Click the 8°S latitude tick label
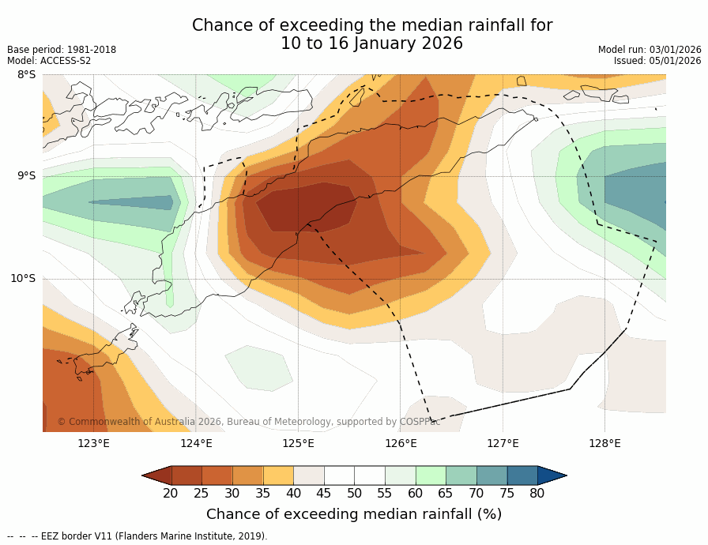click(26, 75)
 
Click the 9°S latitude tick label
click(26, 176)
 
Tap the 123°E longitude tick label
click(93, 443)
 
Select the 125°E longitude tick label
click(298, 443)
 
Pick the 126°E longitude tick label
click(401, 443)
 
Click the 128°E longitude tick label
click(604, 443)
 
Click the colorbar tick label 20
click(171, 494)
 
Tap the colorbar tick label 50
click(354, 494)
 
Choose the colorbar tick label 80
click(537, 494)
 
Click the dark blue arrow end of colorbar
click(552, 475)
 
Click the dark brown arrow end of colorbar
click(157, 475)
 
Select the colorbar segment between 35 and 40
click(278, 475)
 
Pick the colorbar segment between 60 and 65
click(431, 475)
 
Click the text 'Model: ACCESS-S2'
click(49, 61)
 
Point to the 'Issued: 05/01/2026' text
click(657, 61)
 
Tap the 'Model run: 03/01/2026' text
click(650, 50)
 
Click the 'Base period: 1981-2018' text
click(62, 50)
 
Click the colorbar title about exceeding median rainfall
click(354, 514)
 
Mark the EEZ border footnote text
click(137, 536)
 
